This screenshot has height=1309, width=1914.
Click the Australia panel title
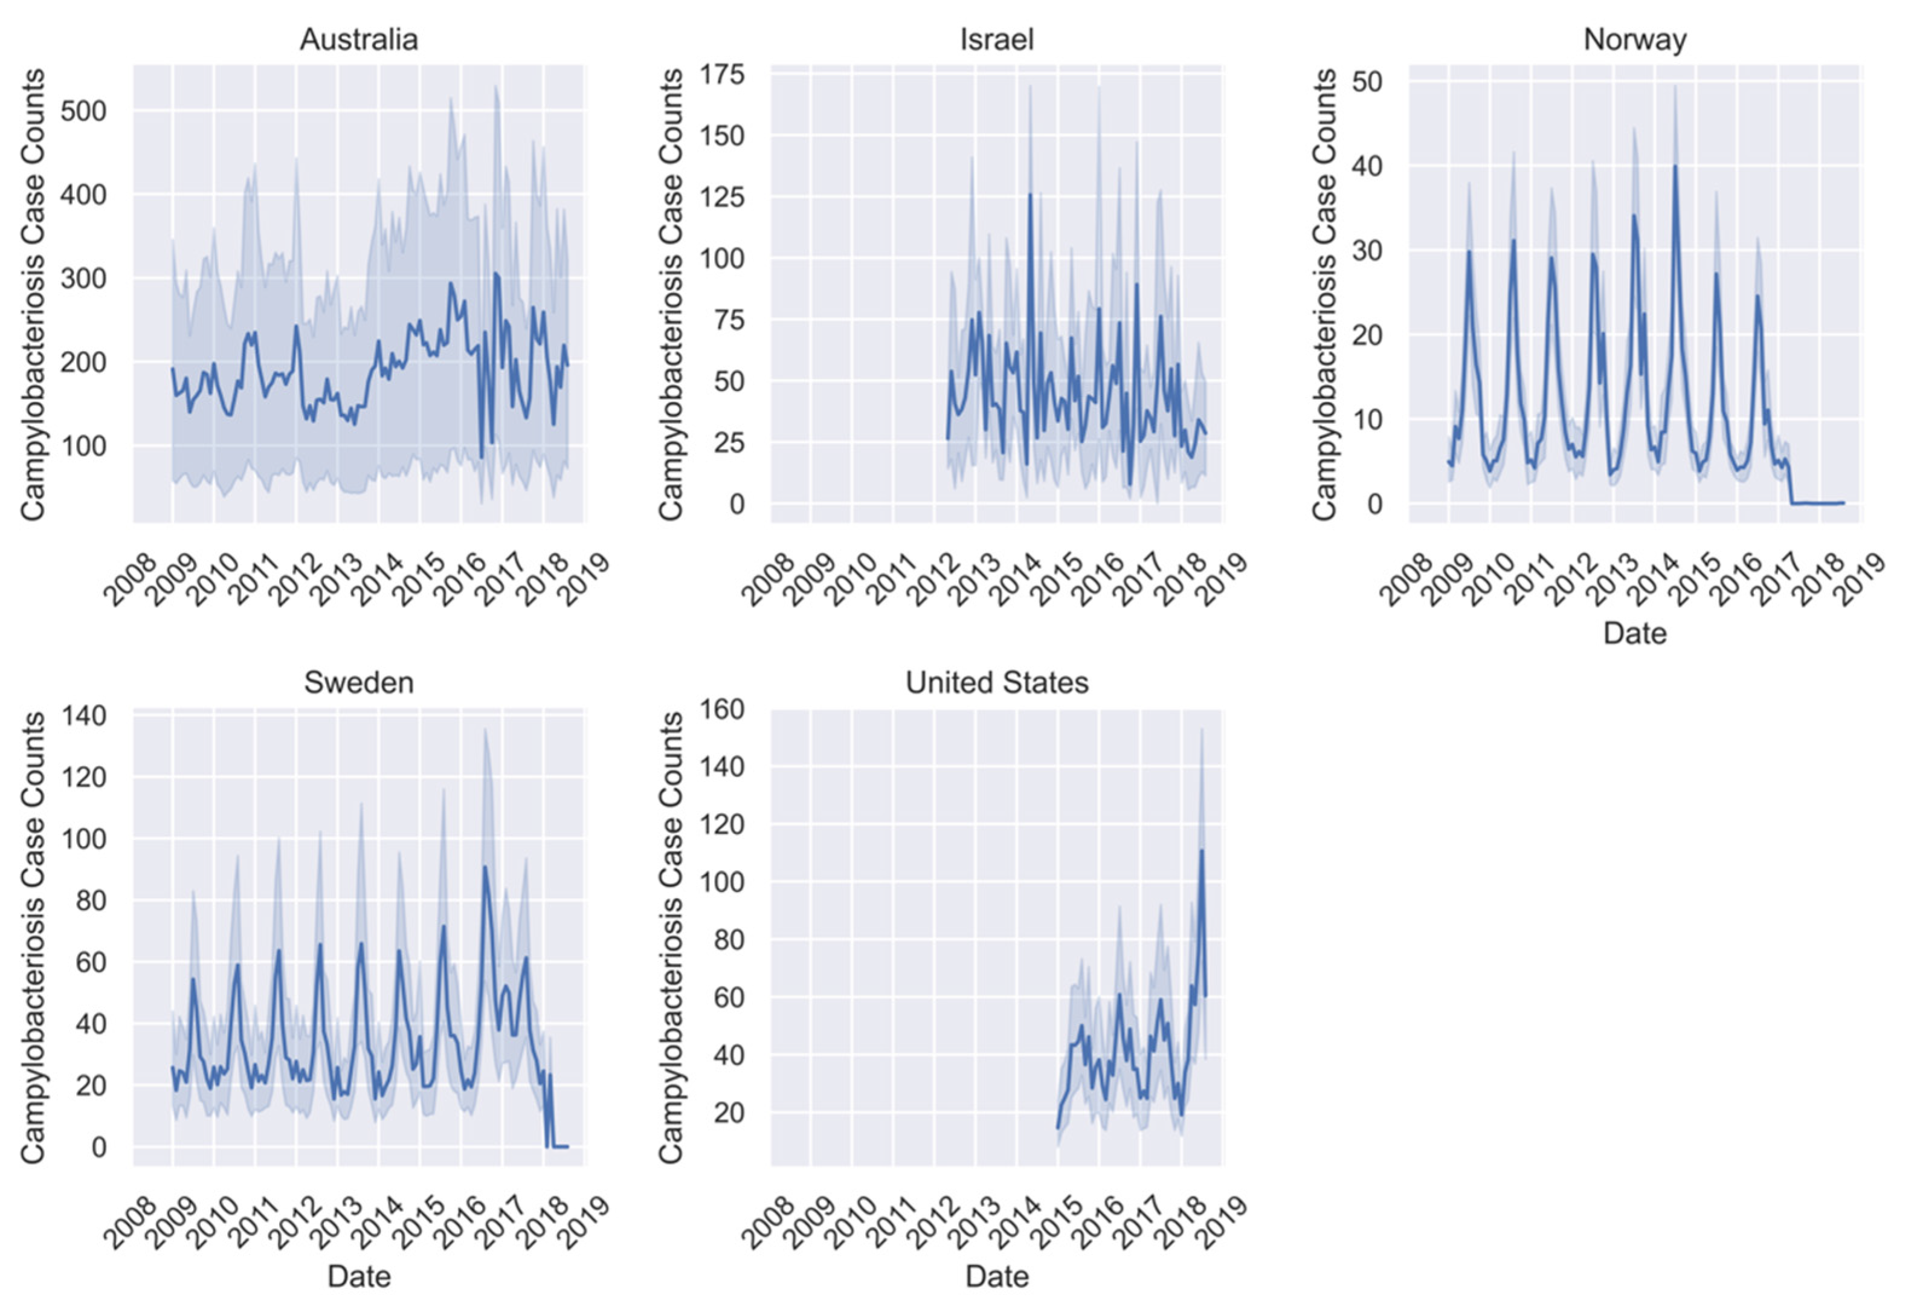pyautogui.click(x=358, y=39)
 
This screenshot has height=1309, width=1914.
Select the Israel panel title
pyautogui.click(x=996, y=39)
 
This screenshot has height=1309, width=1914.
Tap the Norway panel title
pyautogui.click(x=1635, y=39)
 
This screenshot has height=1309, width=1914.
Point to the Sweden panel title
pyautogui.click(x=358, y=682)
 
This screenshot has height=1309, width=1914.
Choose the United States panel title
pyautogui.click(x=996, y=682)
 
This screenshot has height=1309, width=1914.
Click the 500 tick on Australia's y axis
pyautogui.click(x=84, y=111)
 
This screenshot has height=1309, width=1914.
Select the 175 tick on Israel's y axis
pyautogui.click(x=721, y=75)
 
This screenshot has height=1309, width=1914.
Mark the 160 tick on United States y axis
pyautogui.click(x=721, y=709)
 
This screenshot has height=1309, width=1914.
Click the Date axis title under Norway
pyautogui.click(x=1635, y=633)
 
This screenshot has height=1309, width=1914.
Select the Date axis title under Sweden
pyautogui.click(x=358, y=1276)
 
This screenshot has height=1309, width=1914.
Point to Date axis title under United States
pyautogui.click(x=996, y=1276)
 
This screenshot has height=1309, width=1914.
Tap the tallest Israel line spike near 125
pyautogui.click(x=1029, y=195)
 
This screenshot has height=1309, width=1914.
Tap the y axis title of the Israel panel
pyautogui.click(x=671, y=294)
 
